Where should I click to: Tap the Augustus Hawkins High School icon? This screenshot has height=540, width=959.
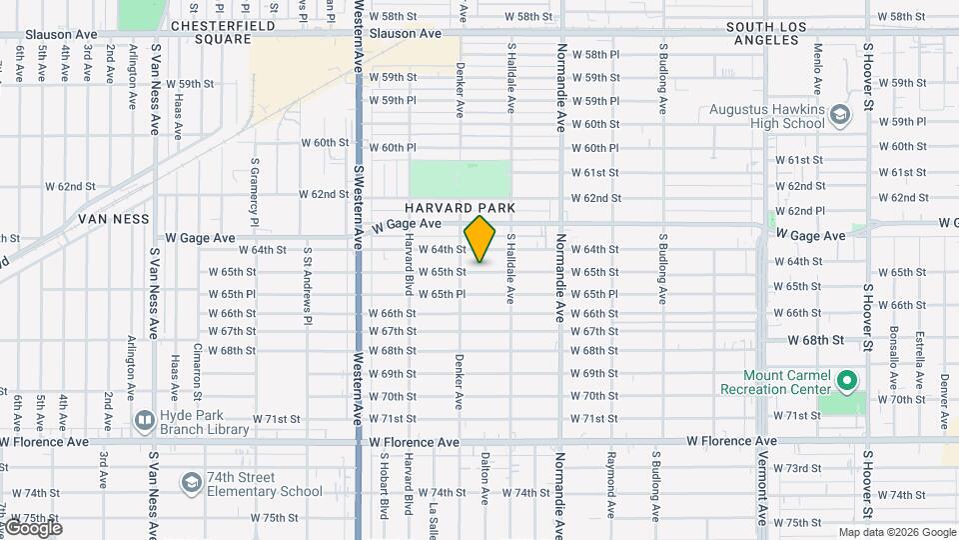point(840,116)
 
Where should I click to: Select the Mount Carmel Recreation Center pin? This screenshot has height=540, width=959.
point(847,380)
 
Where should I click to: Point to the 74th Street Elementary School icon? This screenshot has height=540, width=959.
point(190,484)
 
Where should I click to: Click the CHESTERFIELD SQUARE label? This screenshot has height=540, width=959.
point(210,32)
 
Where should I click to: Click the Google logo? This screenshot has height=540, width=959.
point(32,528)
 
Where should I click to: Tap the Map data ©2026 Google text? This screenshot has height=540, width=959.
point(896,532)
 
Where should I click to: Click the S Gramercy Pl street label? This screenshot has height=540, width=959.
point(256,190)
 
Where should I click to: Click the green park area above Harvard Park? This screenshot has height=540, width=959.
point(460,178)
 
